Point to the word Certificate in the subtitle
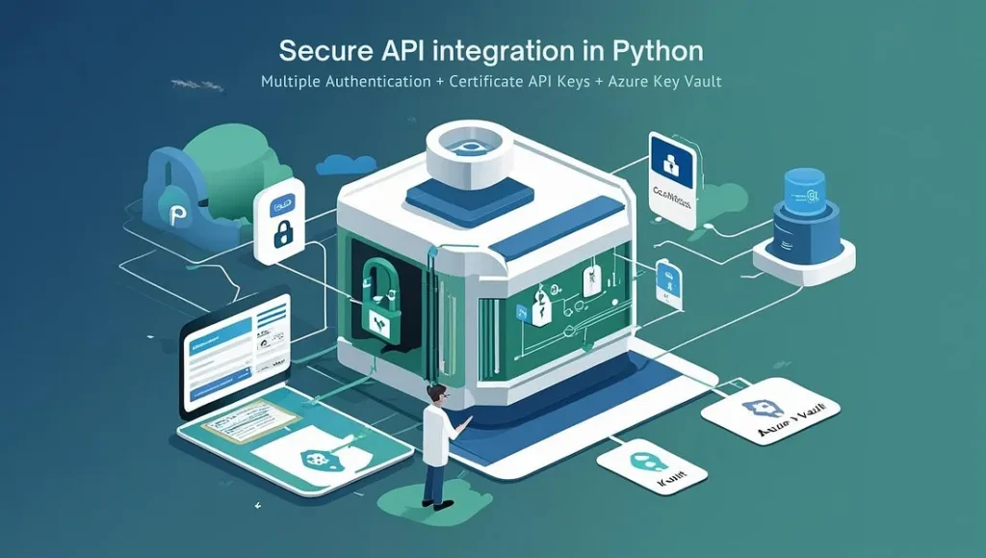coord(486,82)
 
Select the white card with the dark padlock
coord(279,222)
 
